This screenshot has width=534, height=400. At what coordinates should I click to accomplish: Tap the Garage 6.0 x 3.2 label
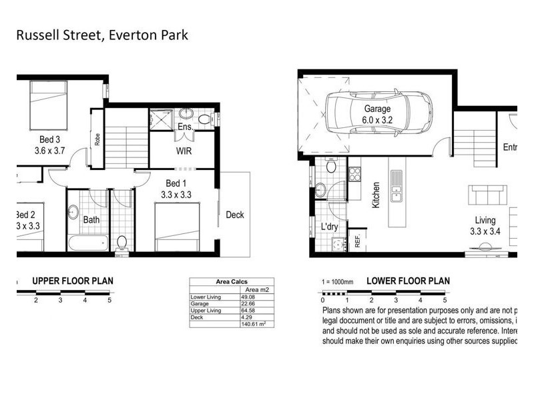377,115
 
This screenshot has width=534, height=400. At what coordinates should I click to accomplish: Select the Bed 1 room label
177,189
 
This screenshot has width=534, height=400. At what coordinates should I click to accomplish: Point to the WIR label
184,151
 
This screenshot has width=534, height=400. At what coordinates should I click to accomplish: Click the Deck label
235,215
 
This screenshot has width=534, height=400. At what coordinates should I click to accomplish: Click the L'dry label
330,227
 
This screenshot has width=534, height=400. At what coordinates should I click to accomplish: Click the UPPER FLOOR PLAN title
73,281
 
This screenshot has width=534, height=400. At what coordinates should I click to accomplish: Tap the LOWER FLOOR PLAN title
408,281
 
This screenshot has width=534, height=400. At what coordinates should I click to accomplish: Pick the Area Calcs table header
231,282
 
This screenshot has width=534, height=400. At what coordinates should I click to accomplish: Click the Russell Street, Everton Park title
101,34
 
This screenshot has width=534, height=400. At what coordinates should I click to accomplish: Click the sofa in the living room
489,196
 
